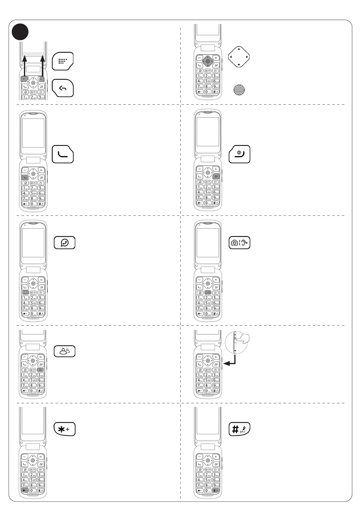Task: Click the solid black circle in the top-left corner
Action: coord(20,32)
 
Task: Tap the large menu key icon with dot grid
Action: coord(63,61)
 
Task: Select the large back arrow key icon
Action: coord(63,88)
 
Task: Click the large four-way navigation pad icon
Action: coord(239,57)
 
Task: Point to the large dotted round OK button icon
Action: coord(239,90)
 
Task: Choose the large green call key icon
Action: coord(63,154)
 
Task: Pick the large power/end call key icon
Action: coord(239,154)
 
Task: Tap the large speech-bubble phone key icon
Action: coord(65,243)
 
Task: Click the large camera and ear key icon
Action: coord(239,243)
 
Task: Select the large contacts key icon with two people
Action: coord(65,351)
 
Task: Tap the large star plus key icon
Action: coord(65,429)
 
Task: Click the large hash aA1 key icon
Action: coord(239,429)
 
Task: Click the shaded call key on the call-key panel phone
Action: coord(25,178)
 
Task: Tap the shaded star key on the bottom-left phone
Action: coord(25,490)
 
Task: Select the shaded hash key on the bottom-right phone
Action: coord(216,490)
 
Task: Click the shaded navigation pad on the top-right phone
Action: coord(208,61)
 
